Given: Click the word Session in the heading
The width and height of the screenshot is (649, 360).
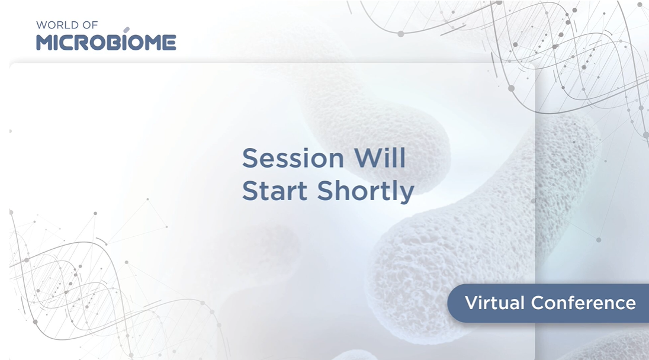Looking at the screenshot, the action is tap(293, 158).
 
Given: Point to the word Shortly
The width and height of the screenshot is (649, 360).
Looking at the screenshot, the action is tap(365, 192).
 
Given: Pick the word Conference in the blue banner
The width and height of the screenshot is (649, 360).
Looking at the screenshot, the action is tap(584, 303).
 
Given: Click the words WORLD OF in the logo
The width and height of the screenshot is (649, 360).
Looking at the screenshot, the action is tap(67, 25).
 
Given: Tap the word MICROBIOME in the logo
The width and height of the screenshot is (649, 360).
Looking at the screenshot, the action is tap(106, 43).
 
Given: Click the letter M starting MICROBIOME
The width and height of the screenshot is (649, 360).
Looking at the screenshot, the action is tap(45, 43).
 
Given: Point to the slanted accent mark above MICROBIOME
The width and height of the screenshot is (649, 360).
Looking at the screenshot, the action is tap(127, 30).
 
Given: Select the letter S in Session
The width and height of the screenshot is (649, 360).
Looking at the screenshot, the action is tap(251, 158).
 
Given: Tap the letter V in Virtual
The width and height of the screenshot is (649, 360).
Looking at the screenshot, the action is tap(472, 303).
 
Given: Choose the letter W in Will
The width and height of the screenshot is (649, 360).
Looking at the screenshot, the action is tap(367, 158).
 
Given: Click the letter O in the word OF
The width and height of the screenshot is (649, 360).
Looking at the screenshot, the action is tap(86, 25).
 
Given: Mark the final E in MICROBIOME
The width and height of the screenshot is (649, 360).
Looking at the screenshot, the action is tap(170, 43).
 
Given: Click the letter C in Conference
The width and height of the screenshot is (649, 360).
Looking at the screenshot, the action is tap(538, 303).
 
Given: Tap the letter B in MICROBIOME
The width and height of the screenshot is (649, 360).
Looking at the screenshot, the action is tap(117, 43).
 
